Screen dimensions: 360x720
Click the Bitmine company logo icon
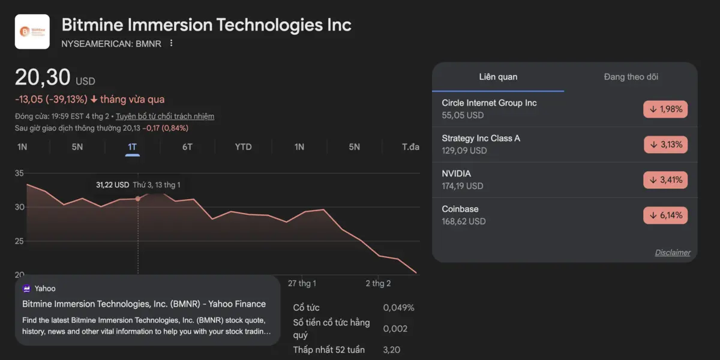coord(32,32)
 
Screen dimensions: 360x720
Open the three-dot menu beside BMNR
coord(172,43)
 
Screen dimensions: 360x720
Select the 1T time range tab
coord(133,147)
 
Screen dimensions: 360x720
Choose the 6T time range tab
coord(187,147)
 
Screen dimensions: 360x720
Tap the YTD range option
coord(243,147)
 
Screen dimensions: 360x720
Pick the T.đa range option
coord(410,147)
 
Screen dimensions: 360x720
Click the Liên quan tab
coord(498,77)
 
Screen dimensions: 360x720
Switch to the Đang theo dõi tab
coord(631,77)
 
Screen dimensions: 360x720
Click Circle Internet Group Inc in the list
coord(489,103)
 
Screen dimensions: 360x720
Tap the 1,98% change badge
coord(665,109)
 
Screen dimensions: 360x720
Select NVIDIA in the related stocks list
coord(457,174)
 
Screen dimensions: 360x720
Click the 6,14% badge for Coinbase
coord(665,215)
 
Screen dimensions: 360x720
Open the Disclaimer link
coord(672,253)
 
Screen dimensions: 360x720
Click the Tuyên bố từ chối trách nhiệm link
coord(165,116)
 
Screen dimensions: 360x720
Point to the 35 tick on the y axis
coord(19,174)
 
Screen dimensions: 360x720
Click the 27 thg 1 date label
coord(302,283)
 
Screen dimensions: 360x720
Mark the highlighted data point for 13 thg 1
coord(138,199)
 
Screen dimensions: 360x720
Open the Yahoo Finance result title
coord(144,304)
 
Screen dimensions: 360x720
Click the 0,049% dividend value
coord(398,308)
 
